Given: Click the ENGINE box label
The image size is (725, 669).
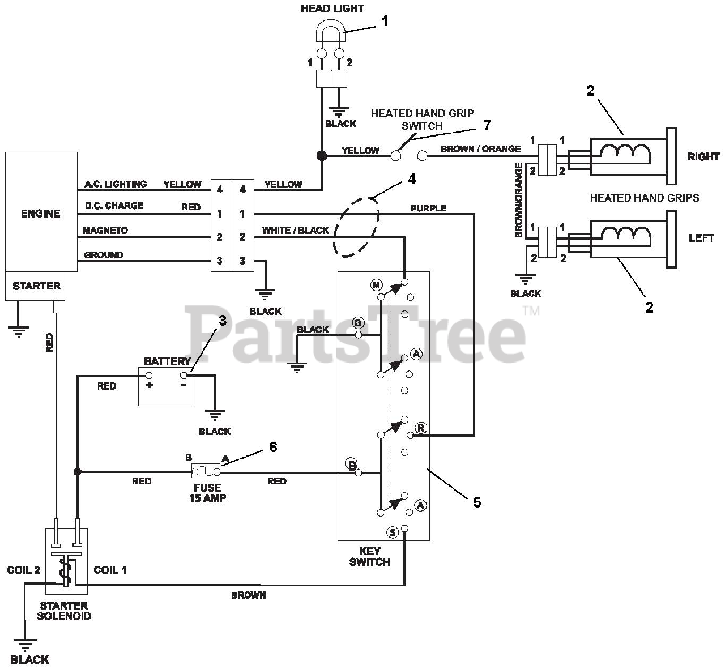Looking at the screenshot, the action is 41,214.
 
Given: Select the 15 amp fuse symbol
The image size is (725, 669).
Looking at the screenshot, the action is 206,472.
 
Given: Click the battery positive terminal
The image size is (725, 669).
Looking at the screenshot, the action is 148,376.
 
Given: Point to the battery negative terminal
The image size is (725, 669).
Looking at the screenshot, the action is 184,376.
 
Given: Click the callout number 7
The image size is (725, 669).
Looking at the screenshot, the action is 487,125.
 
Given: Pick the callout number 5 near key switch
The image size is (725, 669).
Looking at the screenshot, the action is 477,502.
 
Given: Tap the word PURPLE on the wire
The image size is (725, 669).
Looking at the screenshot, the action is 428,208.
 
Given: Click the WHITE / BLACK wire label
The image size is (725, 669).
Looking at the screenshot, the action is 296,231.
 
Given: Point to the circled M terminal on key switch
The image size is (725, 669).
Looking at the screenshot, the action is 376,285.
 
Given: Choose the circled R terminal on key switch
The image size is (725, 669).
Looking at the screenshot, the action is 420,428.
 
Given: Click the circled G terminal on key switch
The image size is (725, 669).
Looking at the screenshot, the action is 358,323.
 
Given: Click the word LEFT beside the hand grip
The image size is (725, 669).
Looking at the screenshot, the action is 701,238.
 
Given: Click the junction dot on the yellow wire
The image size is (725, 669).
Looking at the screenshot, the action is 322,156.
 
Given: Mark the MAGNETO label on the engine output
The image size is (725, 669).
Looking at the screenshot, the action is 105,231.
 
